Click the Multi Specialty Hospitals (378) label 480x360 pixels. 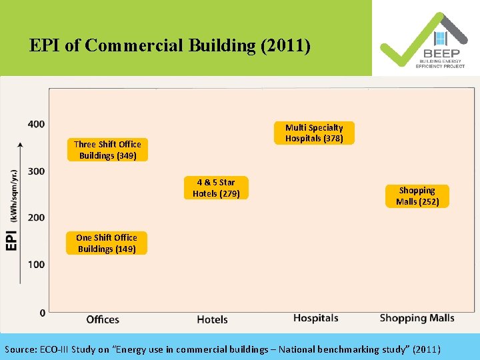(314, 133)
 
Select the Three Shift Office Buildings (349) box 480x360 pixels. (107, 150)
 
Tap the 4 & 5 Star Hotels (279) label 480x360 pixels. (216, 188)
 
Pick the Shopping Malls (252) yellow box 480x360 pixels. (417, 196)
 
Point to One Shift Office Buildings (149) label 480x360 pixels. (107, 243)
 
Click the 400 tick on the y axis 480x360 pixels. (37, 124)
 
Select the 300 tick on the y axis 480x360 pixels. (37, 171)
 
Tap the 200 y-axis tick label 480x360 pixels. (37, 218)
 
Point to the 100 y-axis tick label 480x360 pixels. (37, 265)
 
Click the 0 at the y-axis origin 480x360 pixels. (41, 313)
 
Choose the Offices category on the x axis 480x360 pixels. (103, 319)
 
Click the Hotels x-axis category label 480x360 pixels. (212, 319)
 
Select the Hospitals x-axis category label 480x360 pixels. (315, 318)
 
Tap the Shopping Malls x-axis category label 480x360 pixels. (417, 318)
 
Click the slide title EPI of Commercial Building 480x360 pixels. (170, 45)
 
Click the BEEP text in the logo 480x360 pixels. (440, 53)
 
